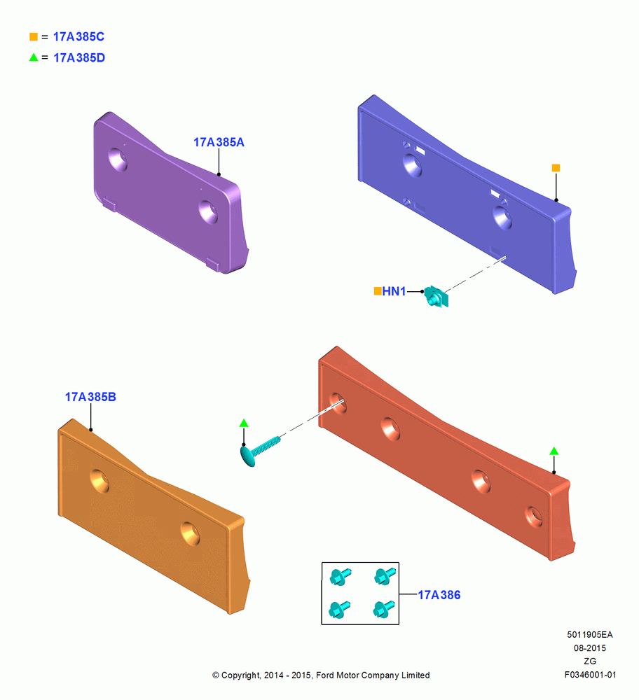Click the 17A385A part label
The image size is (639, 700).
pyautogui.click(x=219, y=142)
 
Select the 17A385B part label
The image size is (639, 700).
pyautogui.click(x=90, y=397)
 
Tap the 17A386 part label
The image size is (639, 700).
pyautogui.click(x=439, y=594)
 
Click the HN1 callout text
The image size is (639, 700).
pyautogui.click(x=394, y=291)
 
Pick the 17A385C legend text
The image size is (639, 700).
pyautogui.click(x=78, y=36)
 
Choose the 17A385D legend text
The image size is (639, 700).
pyautogui.click(x=79, y=57)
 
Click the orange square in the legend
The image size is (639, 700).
pyautogui.click(x=34, y=36)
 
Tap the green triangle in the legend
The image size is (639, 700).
pyautogui.click(x=34, y=57)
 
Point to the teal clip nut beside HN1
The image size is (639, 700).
pyautogui.click(x=436, y=296)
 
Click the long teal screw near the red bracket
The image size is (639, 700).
pyautogui.click(x=260, y=451)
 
